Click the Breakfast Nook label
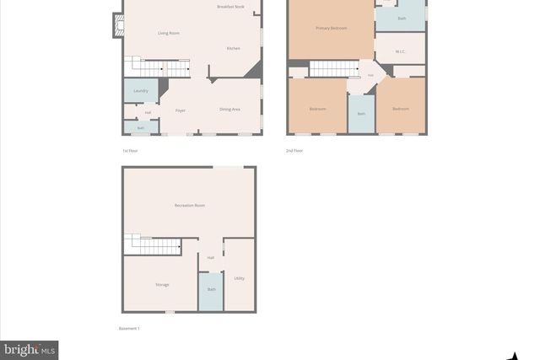pyautogui.click(x=230, y=7)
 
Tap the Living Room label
pyautogui.click(x=169, y=33)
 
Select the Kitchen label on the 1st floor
pyautogui.click(x=234, y=48)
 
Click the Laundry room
pyautogui.click(x=140, y=90)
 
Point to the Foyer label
pyautogui.click(x=181, y=110)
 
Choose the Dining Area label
pyautogui.click(x=229, y=110)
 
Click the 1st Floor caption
pyautogui.click(x=130, y=151)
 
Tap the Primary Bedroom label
pyautogui.click(x=332, y=28)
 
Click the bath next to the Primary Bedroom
pyautogui.click(x=402, y=18)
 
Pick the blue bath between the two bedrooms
pyautogui.click(x=361, y=113)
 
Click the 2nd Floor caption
pyautogui.click(x=294, y=151)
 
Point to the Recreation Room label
pyautogui.click(x=190, y=206)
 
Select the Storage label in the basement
pyautogui.click(x=162, y=285)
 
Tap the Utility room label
pyautogui.click(x=240, y=277)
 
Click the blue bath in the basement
pyautogui.click(x=211, y=289)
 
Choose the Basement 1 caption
pyautogui.click(x=129, y=328)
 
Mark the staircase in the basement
pyautogui.click(x=154, y=245)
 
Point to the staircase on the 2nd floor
pyautogui.click(x=335, y=68)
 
